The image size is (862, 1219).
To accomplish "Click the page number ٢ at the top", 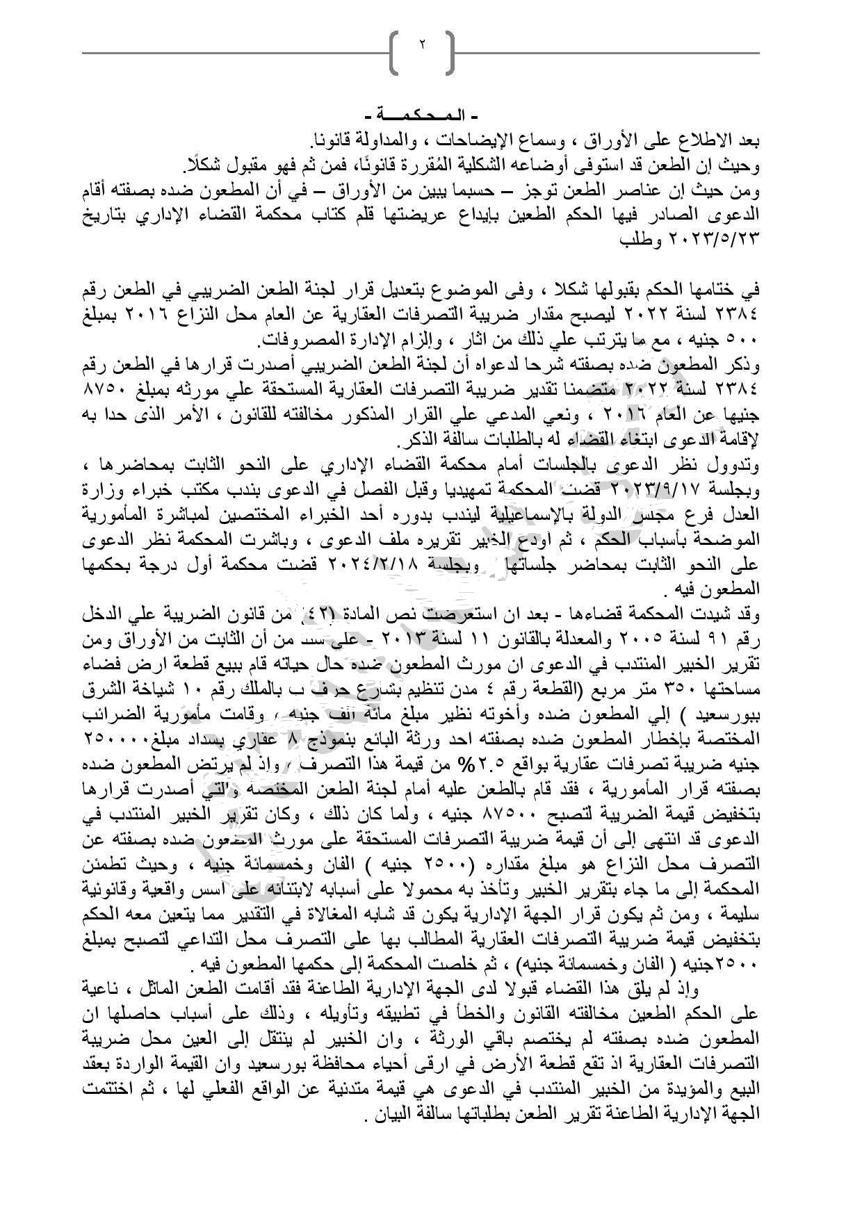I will pos(422,46).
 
